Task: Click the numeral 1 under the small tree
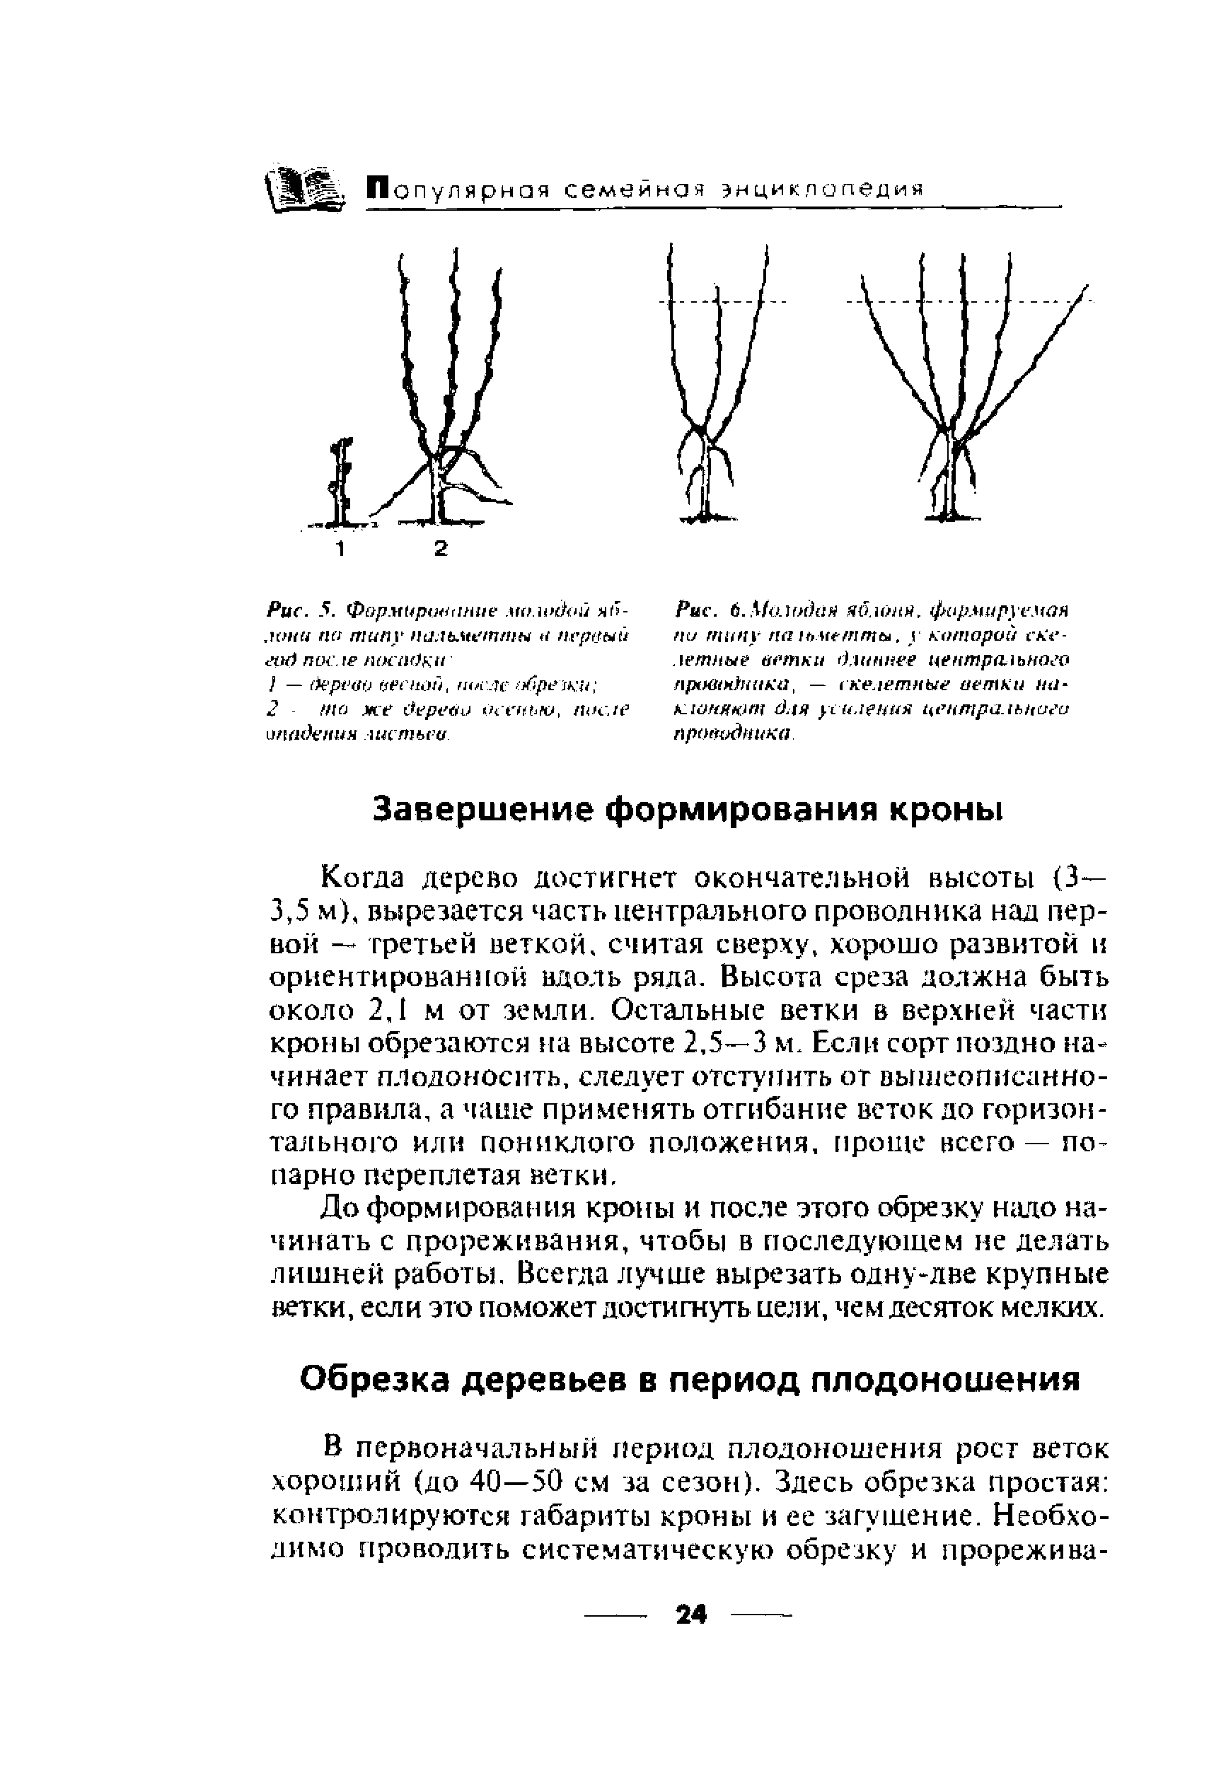coord(341,549)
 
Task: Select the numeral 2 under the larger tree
coord(441,548)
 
